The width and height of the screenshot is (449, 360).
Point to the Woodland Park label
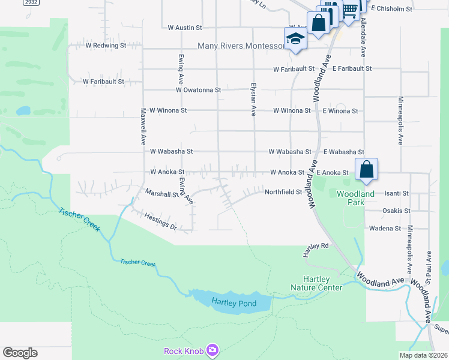click(x=355, y=198)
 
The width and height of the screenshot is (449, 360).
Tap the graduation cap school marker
click(x=295, y=40)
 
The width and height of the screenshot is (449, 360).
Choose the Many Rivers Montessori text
click(x=241, y=46)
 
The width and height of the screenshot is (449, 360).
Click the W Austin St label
click(x=185, y=28)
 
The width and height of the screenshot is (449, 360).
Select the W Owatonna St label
click(x=199, y=90)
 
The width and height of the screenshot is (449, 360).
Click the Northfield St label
click(x=283, y=192)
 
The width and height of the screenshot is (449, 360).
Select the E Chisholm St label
click(x=392, y=9)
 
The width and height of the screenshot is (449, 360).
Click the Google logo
click(x=20, y=353)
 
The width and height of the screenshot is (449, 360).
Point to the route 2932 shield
click(x=31, y=3)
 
